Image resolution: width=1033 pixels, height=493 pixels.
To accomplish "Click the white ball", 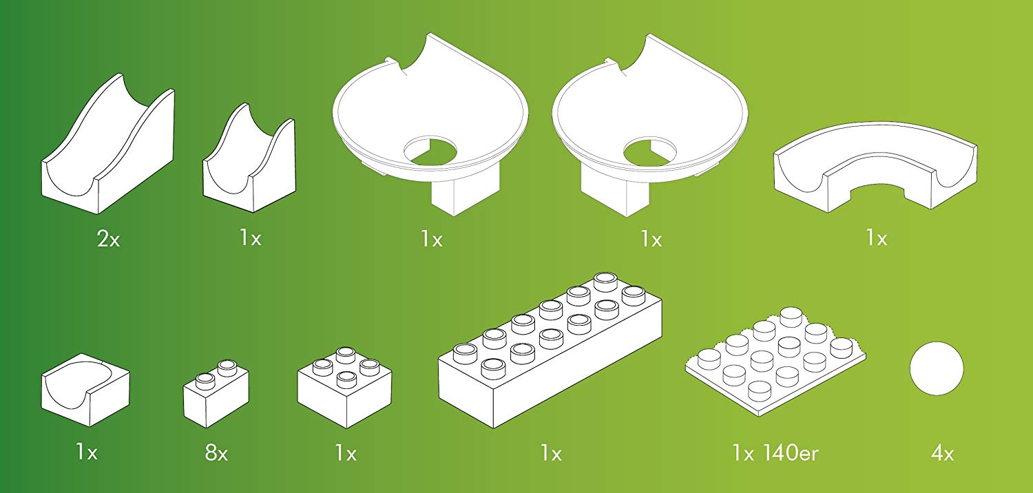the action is point(937,368).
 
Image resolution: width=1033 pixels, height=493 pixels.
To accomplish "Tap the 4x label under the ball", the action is point(942,454).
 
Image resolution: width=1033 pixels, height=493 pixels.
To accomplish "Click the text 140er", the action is point(791,453).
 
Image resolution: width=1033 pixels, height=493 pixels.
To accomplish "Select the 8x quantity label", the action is point(216,453).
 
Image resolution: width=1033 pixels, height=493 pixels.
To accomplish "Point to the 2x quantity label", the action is point(108,239).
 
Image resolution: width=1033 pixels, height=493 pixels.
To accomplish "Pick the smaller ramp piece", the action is point(249,158).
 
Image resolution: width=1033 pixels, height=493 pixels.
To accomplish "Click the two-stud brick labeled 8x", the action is point(216,393).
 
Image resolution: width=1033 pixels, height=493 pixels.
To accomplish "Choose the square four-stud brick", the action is point(344,388).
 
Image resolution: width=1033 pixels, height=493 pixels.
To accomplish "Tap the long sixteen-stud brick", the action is point(550,350).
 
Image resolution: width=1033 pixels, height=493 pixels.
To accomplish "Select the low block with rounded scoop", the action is point(85,390).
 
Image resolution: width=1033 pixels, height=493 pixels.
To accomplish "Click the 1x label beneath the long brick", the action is point(551,454).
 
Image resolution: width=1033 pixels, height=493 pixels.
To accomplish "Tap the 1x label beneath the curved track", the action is point(876,238).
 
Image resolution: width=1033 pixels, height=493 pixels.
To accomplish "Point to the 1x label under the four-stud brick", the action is point(346,454).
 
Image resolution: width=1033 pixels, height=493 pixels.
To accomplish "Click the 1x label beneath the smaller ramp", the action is point(251,238).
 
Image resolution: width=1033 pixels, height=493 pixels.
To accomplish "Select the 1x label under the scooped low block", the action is point(87,452).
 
